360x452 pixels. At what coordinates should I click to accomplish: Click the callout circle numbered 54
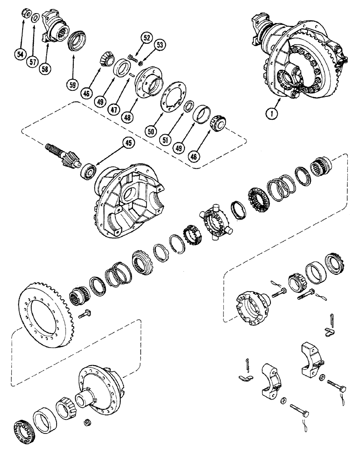pos(19,55)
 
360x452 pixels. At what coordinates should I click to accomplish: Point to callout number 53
pos(159,44)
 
